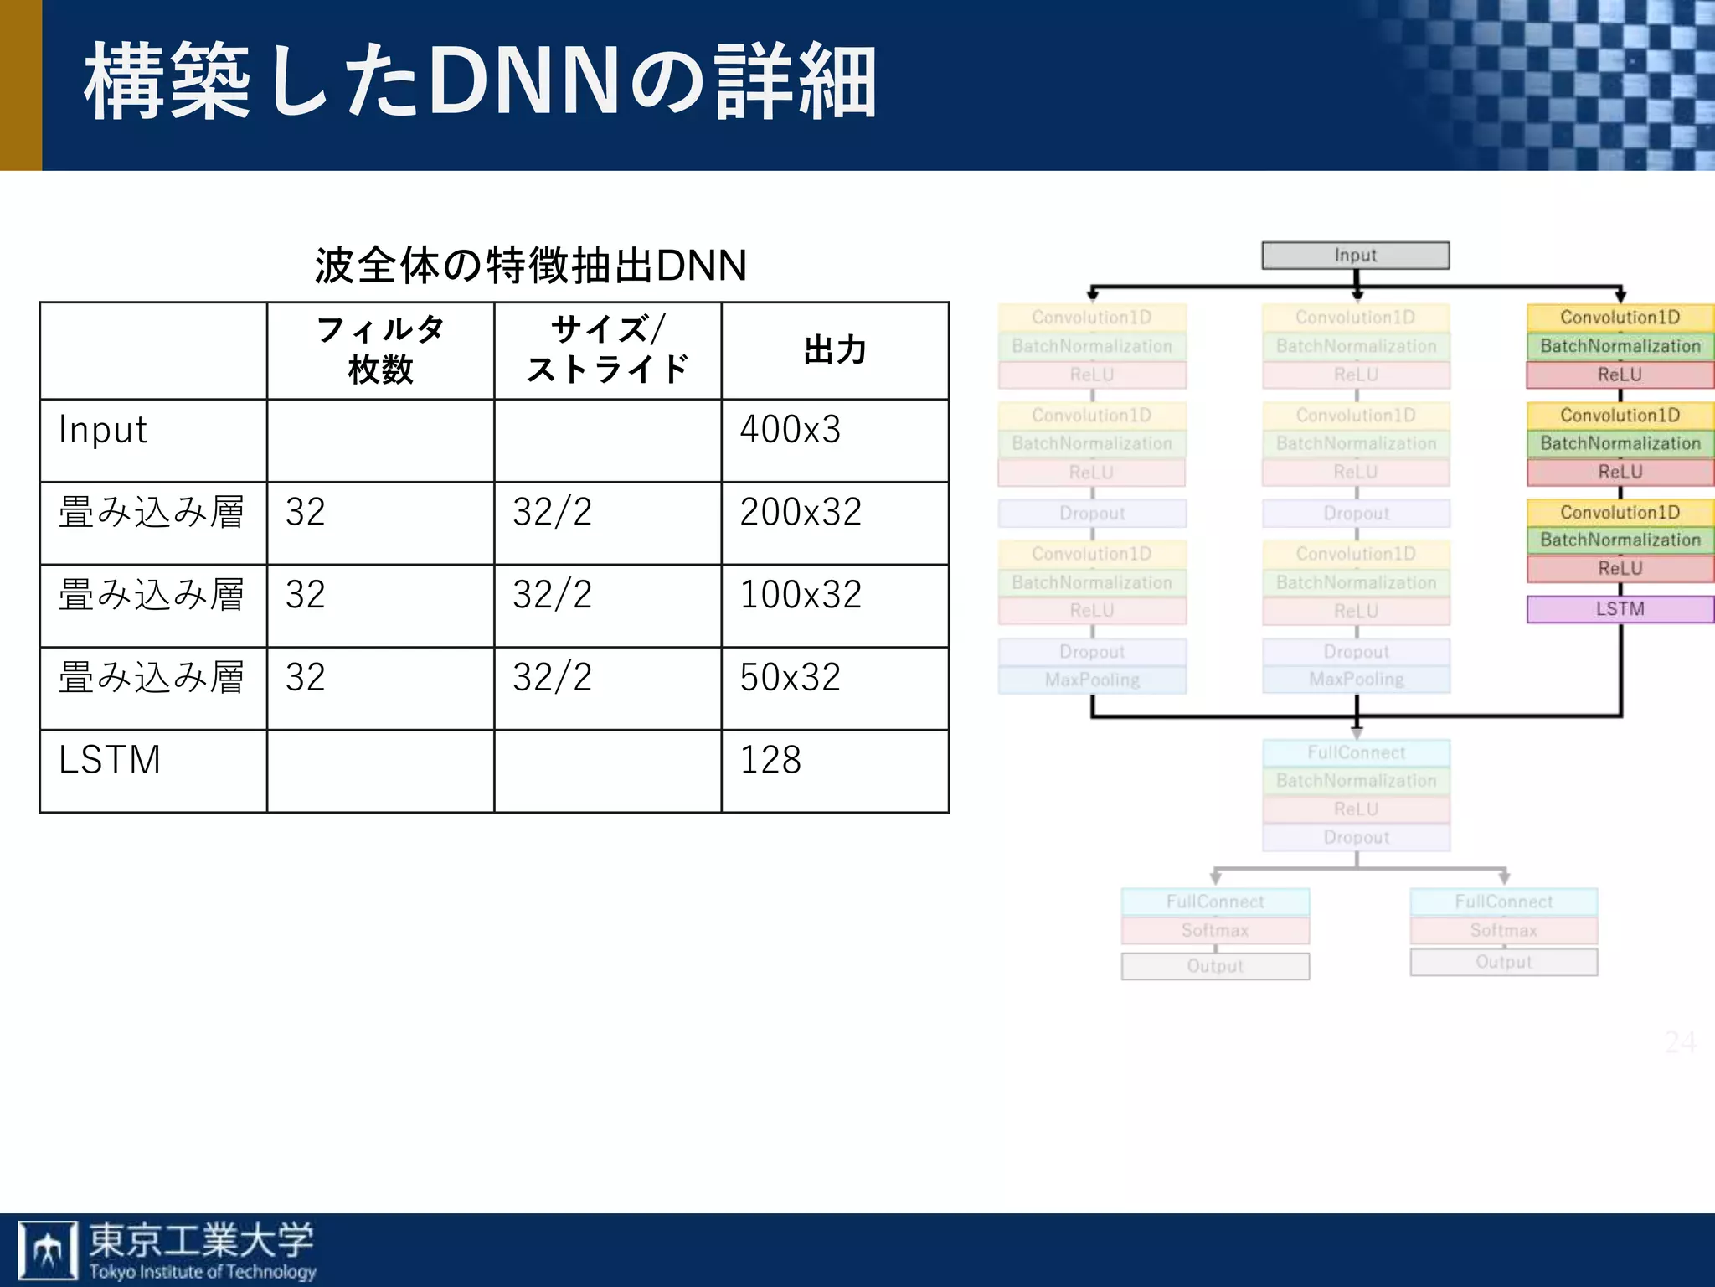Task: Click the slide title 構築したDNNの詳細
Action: point(480,82)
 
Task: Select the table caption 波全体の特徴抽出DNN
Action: point(530,266)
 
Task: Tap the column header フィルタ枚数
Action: point(381,349)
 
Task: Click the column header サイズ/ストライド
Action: point(607,349)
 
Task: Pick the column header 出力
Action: point(835,350)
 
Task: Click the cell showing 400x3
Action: point(790,430)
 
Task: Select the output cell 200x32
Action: point(801,512)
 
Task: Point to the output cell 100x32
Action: point(801,595)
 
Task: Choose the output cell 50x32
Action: point(790,677)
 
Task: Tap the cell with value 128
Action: point(770,760)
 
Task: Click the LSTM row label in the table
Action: point(110,760)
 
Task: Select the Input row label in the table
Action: point(103,430)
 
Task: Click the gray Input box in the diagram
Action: point(1356,256)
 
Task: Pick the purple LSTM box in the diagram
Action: point(1620,609)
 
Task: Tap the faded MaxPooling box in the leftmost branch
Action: point(1092,680)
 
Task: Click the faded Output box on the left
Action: point(1215,966)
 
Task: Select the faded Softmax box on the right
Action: point(1503,930)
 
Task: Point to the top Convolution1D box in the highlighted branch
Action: point(1620,318)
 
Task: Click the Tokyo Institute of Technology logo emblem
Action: point(48,1250)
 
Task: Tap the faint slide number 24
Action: point(1680,1042)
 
